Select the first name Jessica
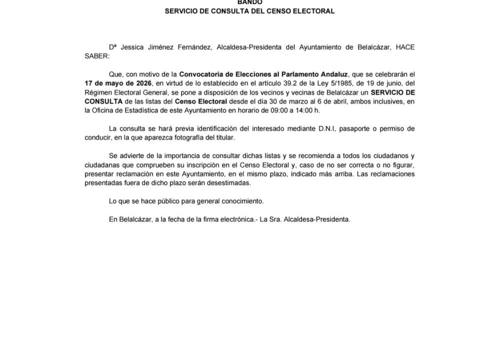click(x=132, y=47)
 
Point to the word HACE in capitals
click(x=405, y=47)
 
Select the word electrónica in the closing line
click(x=238, y=219)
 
